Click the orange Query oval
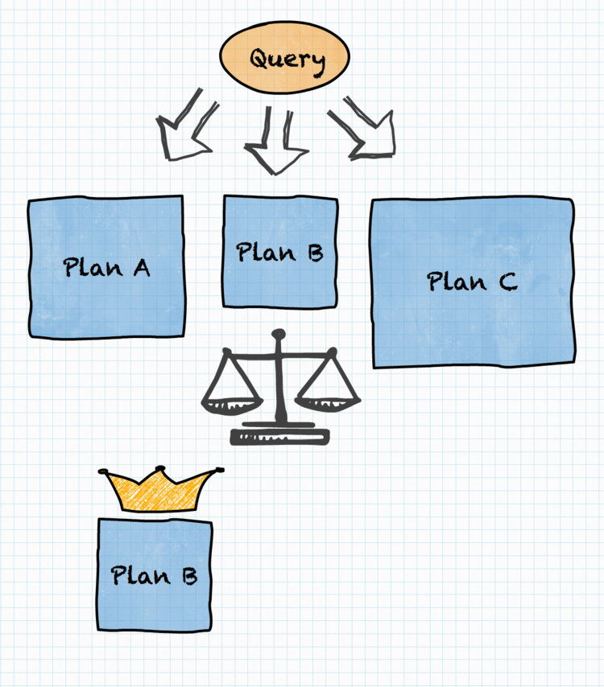284,57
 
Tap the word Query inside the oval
288,61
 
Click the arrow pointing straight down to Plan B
276,141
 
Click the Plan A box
106,267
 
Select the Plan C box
473,282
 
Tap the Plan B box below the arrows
279,252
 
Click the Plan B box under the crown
155,575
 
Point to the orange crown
159,488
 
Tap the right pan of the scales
328,404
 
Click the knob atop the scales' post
278,335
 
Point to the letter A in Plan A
142,267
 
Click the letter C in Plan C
508,282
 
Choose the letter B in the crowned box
190,576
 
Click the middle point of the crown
160,468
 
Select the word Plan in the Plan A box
93,267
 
